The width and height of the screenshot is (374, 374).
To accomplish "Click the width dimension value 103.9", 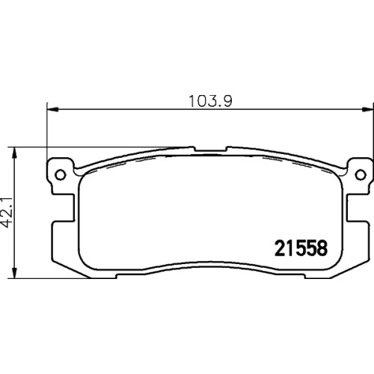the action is pyautogui.click(x=211, y=102).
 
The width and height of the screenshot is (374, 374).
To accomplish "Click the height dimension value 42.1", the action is pyautogui.click(x=7, y=212).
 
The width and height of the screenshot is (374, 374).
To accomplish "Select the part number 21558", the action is pyautogui.click(x=301, y=248).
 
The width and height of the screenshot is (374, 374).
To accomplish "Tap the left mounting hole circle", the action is pyautogui.click(x=61, y=174).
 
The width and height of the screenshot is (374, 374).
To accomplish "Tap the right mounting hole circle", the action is pyautogui.click(x=361, y=174).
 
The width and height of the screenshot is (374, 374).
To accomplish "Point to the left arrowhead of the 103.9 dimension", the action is pyautogui.click(x=52, y=109).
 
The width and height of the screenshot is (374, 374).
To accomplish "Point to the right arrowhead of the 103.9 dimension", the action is pyautogui.click(x=368, y=109).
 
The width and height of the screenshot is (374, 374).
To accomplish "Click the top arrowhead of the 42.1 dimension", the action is pyautogui.click(x=15, y=153).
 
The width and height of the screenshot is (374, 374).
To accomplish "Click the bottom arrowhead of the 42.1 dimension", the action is pyautogui.click(x=15, y=272).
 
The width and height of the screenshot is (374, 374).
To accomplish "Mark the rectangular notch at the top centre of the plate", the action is pyautogui.click(x=210, y=149).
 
